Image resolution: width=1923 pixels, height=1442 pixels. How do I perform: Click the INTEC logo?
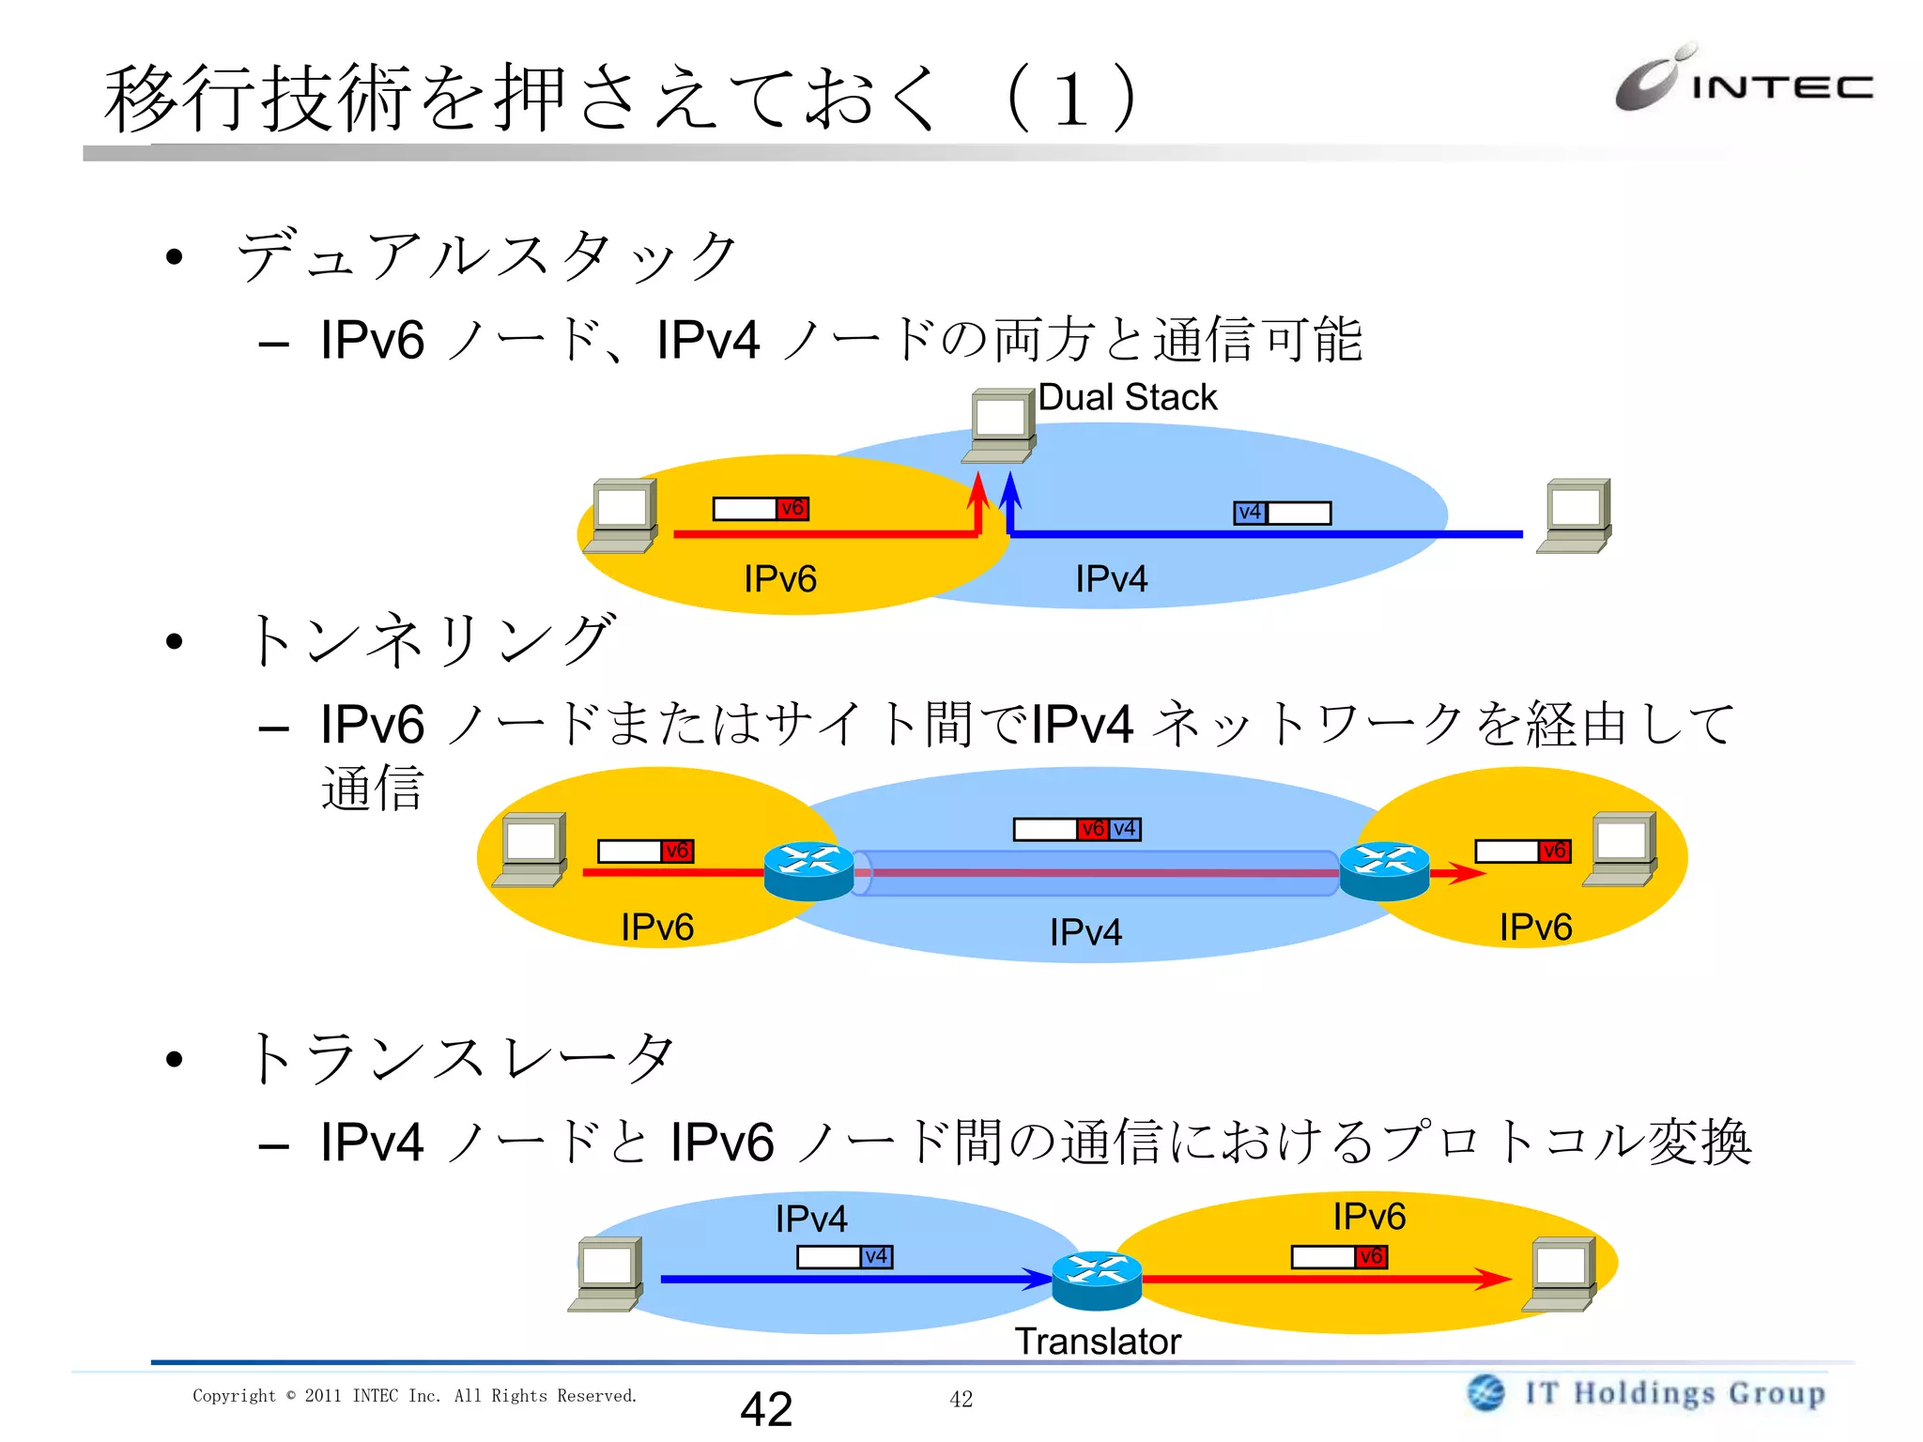(1743, 81)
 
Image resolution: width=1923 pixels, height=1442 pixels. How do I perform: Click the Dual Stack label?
(1127, 397)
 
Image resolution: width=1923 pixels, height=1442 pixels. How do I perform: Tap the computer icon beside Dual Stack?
(999, 425)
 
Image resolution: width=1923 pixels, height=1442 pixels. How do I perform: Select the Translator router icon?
(1096, 1281)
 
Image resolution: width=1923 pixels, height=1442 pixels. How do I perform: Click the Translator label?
(1097, 1342)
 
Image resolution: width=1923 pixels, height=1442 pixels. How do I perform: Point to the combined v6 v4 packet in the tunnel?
(1077, 829)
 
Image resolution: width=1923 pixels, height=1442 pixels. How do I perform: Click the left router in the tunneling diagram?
(808, 871)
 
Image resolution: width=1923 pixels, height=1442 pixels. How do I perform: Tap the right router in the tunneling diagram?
(1384, 871)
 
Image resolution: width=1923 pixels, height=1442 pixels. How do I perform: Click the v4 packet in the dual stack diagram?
(1282, 513)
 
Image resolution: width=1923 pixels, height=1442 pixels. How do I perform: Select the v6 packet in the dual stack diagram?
(761, 509)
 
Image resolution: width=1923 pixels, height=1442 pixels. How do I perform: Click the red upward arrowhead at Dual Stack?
(978, 488)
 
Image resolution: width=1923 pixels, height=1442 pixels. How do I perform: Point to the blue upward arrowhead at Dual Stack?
(1010, 488)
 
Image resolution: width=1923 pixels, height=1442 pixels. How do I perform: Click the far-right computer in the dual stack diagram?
(1575, 516)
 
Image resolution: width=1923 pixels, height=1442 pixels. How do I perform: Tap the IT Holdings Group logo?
(1646, 1393)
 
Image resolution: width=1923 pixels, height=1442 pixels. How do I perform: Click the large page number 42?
(766, 1408)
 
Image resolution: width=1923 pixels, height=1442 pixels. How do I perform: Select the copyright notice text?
(414, 1396)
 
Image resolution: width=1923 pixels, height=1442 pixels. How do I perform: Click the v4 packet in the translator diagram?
(844, 1256)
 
